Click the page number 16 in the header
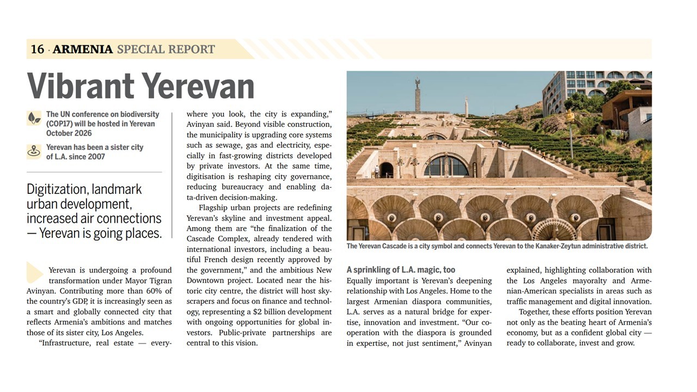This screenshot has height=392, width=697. click(37, 50)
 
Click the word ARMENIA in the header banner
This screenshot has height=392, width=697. click(83, 50)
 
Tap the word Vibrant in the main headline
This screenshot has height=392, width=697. click(80, 87)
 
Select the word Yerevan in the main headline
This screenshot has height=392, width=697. click(198, 87)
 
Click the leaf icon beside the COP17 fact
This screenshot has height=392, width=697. click(34, 118)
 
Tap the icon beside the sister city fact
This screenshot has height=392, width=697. click(34, 152)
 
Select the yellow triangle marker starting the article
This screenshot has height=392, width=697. click(34, 272)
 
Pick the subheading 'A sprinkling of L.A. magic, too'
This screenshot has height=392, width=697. click(401, 270)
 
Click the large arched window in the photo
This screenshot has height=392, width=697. click(446, 166)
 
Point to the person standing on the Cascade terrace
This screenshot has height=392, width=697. click(376, 172)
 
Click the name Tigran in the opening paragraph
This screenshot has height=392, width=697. click(160, 281)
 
